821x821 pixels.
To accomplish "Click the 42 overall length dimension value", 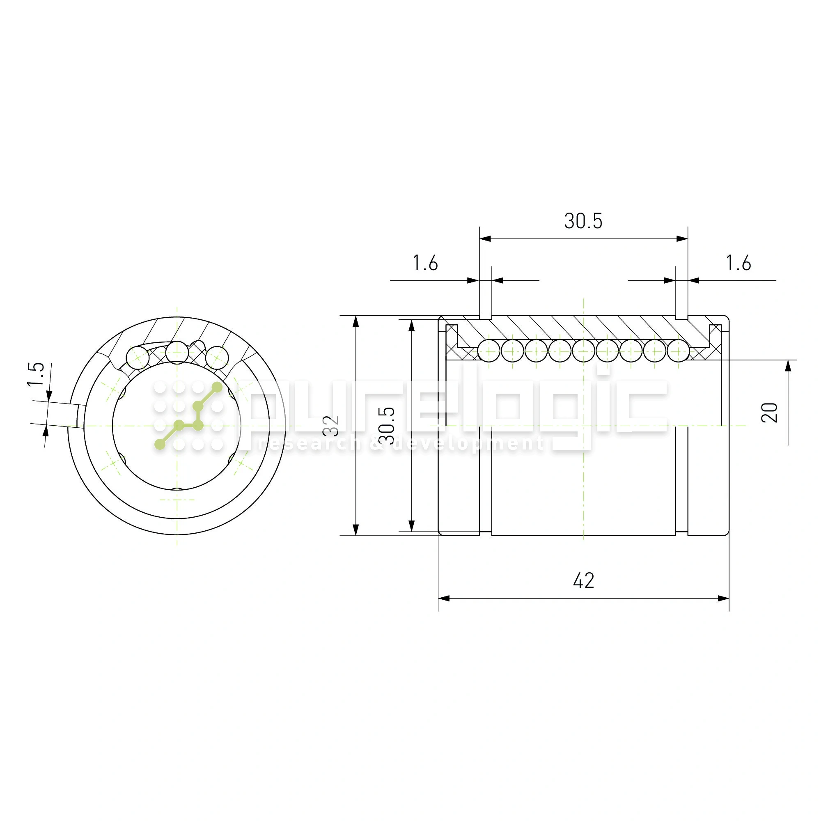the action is [x=583, y=580].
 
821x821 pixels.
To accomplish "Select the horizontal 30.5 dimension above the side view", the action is [x=583, y=221].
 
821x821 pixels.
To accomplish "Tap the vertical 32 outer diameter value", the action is [x=331, y=426].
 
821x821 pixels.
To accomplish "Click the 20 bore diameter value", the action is [x=769, y=413].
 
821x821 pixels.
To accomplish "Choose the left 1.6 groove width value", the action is [x=425, y=263].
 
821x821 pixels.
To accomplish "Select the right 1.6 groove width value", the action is [x=738, y=263].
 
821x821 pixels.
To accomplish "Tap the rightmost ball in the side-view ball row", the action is [x=679, y=351].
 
